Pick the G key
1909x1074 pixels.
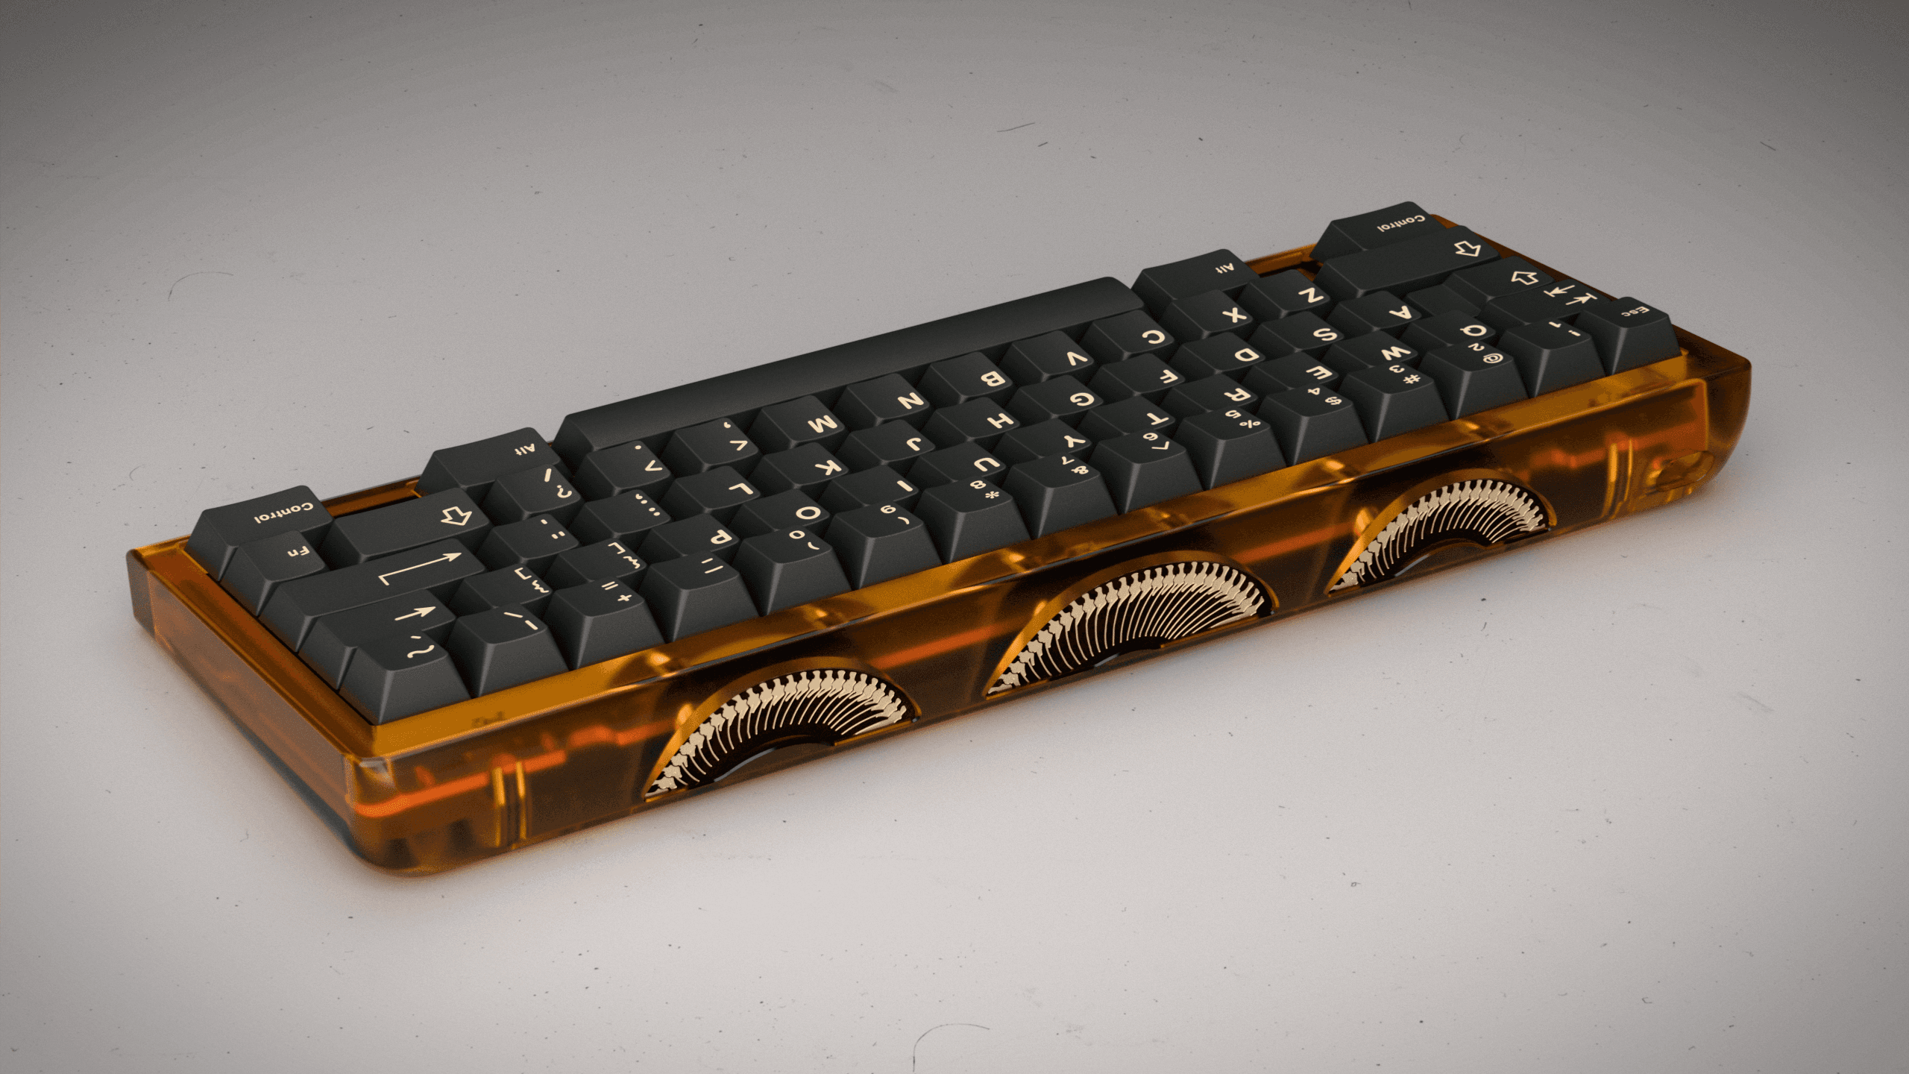[x=1081, y=398]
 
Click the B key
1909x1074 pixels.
[x=992, y=377]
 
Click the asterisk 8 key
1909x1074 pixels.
[x=984, y=492]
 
